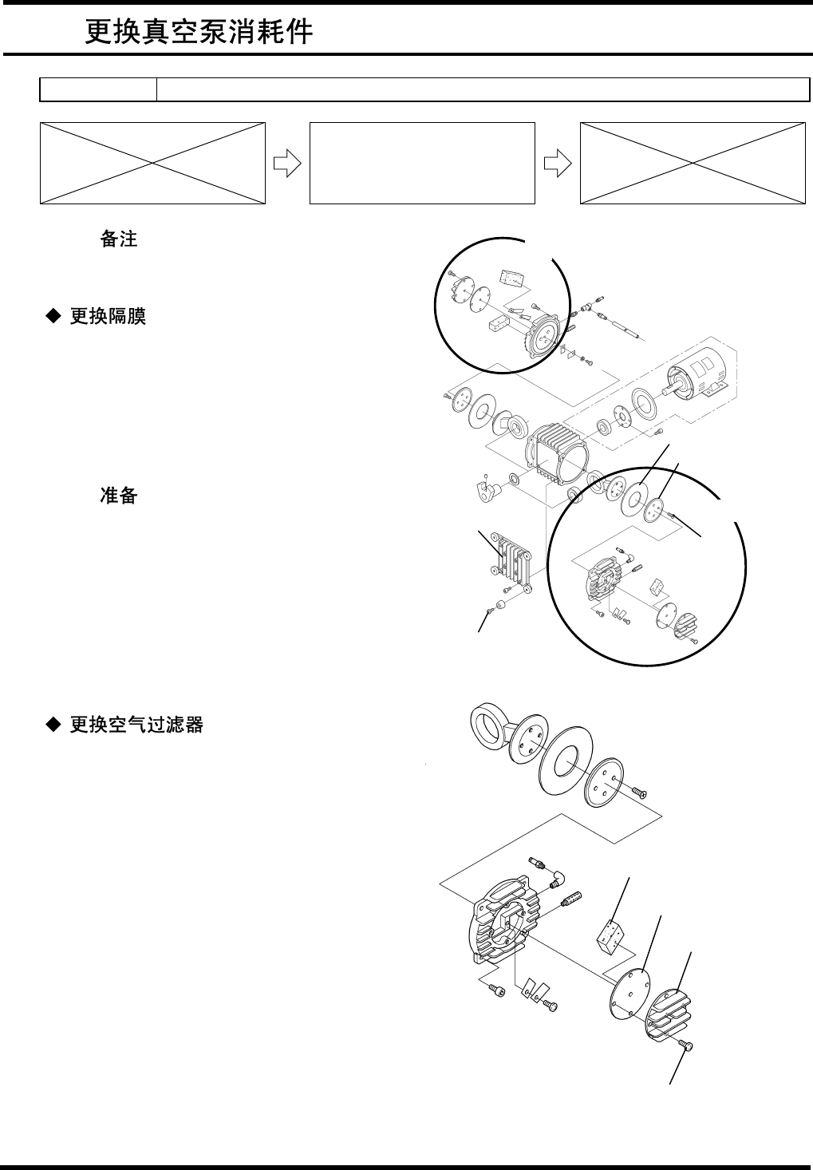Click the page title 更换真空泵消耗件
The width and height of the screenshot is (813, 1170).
coord(199,32)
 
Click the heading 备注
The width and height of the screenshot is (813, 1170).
coord(119,239)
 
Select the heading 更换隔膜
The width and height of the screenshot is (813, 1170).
coord(108,317)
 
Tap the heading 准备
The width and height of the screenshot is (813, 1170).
coord(119,496)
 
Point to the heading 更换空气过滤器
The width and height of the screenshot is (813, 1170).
coord(136,725)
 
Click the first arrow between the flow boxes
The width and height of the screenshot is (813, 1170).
coord(287,163)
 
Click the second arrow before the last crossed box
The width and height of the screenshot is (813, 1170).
coord(557,163)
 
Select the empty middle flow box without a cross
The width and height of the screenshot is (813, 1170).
coord(421,163)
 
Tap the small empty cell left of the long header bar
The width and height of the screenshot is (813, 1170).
coord(98,90)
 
